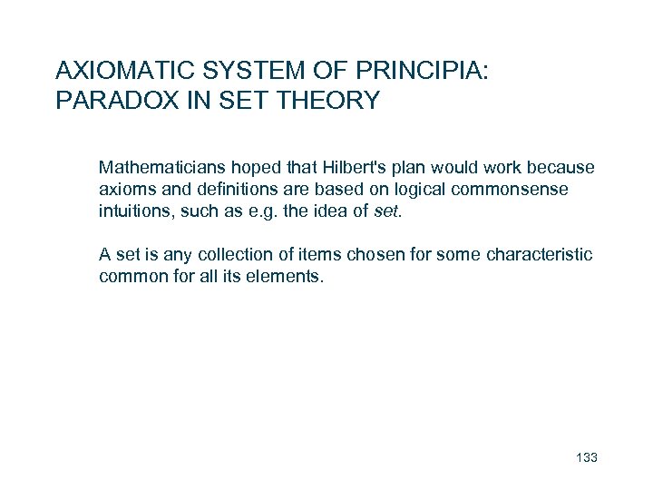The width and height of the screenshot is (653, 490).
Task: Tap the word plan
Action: tap(400, 168)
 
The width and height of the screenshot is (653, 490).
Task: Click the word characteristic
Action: tap(538, 255)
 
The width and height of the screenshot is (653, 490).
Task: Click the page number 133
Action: tap(587, 457)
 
